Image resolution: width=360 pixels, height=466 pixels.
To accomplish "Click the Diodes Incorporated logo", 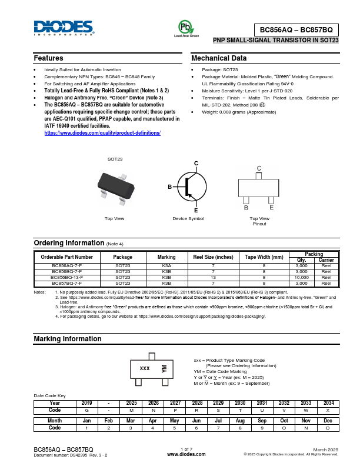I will [x=64, y=28].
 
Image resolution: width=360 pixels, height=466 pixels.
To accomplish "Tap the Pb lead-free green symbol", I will [x=186, y=27].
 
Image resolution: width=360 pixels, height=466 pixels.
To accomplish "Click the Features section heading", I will [x=49, y=58].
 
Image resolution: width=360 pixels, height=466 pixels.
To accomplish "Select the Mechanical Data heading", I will [x=219, y=58].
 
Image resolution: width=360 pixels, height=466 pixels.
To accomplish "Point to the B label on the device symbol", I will [x=169, y=187].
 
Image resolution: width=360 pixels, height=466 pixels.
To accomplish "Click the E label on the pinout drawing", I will [x=271, y=208].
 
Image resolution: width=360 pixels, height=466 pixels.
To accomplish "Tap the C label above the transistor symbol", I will [x=196, y=162].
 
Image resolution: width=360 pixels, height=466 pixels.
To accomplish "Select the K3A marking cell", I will [x=166, y=266].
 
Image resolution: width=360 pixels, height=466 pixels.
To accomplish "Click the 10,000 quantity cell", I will [x=301, y=277].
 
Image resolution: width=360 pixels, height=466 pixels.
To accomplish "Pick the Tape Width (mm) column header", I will [x=264, y=257].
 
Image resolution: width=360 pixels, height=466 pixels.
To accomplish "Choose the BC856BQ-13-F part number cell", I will [x=67, y=277].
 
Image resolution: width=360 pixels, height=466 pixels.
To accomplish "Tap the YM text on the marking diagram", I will [x=165, y=369].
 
